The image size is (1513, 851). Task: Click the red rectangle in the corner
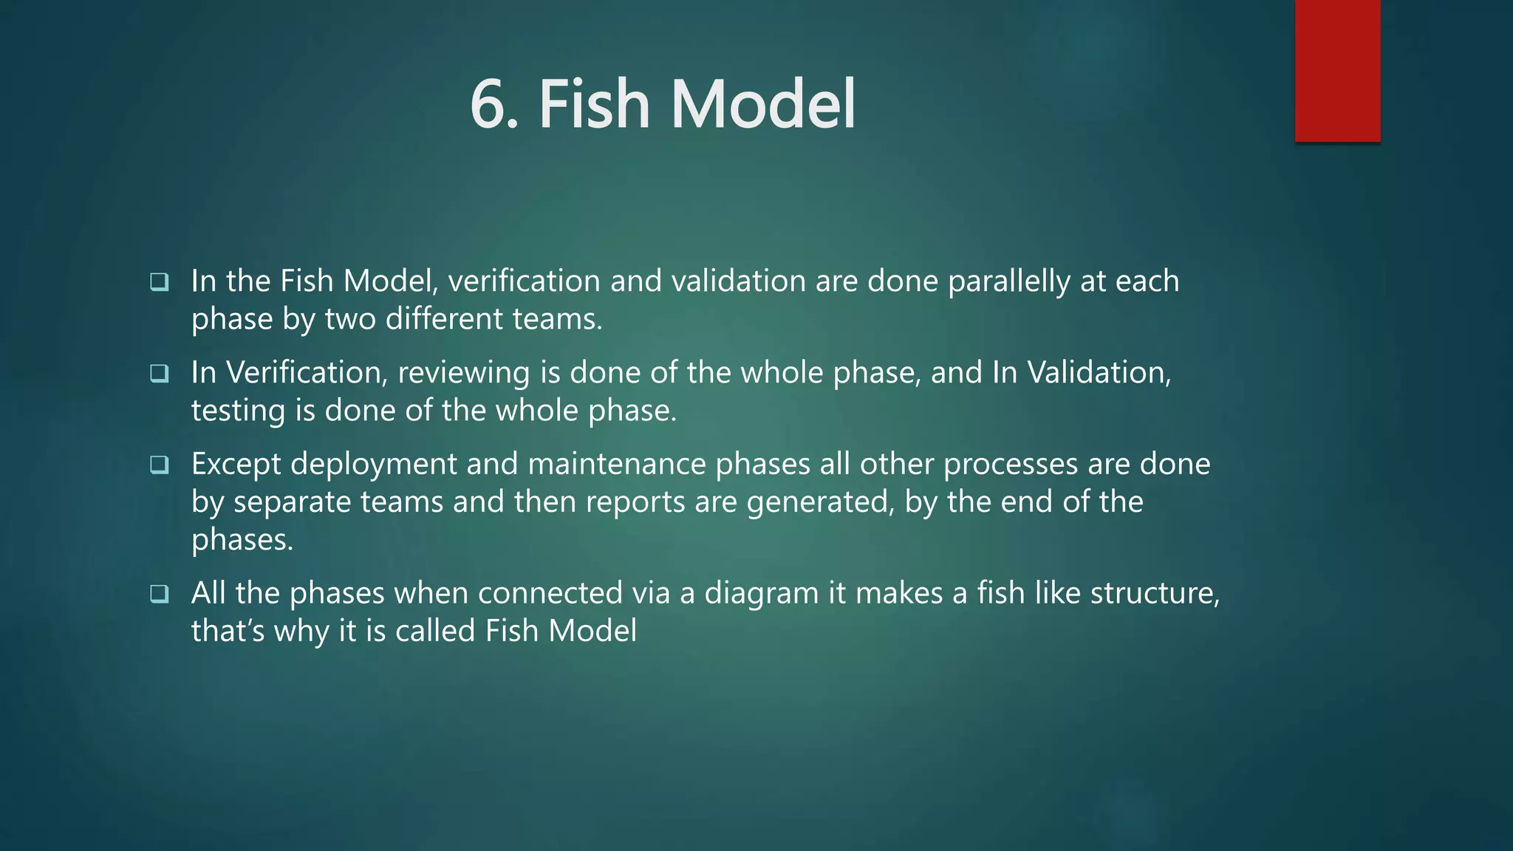point(1337,71)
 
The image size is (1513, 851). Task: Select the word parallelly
point(1008,281)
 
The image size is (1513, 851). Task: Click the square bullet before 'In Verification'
point(160,374)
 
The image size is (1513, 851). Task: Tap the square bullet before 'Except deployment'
point(160,465)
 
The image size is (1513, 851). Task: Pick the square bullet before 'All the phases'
point(160,594)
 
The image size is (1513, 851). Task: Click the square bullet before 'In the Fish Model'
point(160,282)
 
